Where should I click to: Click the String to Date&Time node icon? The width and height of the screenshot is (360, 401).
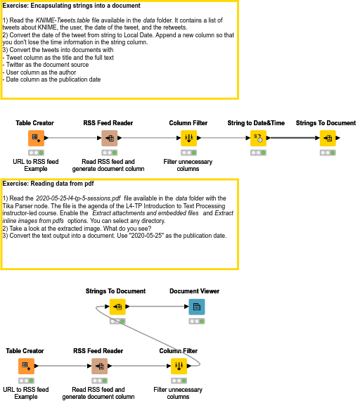(x=258, y=138)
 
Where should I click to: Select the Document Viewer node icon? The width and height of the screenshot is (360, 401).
(x=197, y=307)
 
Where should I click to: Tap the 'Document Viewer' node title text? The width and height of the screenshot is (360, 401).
(x=195, y=291)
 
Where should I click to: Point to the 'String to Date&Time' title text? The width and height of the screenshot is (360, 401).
(x=256, y=123)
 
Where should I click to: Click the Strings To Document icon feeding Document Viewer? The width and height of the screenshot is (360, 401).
(x=116, y=307)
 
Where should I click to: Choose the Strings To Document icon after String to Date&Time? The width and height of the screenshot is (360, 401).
(x=327, y=138)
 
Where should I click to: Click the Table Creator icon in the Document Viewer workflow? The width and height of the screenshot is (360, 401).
(x=25, y=366)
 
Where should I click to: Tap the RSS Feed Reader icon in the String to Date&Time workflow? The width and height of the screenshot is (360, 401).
(x=109, y=138)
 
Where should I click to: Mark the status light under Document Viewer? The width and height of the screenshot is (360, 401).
(x=197, y=322)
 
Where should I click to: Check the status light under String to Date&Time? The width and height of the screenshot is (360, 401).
(x=258, y=153)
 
